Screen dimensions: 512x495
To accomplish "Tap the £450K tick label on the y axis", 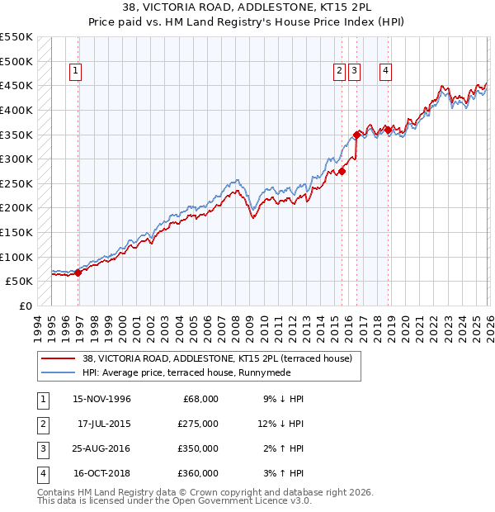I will point(16,85).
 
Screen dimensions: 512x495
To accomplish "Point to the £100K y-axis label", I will point(16,257).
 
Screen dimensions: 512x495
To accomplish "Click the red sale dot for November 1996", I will point(78,272).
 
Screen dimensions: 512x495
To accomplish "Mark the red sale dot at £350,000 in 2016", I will point(356,134).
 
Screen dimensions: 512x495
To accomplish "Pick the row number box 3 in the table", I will point(41,448).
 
